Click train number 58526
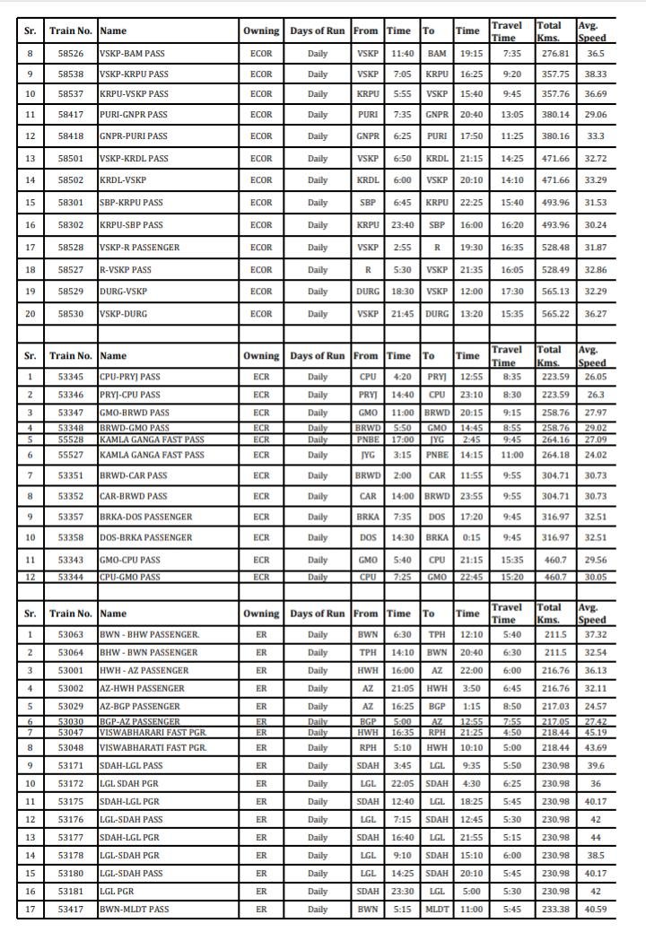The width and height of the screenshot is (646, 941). [71, 54]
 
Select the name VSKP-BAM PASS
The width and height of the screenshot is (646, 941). [133, 54]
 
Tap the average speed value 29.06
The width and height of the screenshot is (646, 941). [595, 115]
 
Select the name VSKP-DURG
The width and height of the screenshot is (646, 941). [123, 314]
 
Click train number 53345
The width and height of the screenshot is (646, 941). [71, 378]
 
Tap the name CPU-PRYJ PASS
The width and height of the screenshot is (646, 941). [130, 378]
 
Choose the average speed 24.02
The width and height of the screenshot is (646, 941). [595, 455]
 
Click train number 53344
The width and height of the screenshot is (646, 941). [71, 577]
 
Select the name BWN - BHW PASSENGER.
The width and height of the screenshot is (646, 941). [150, 635]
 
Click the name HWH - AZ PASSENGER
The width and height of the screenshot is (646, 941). [144, 670]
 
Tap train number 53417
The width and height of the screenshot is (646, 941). [71, 910]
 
